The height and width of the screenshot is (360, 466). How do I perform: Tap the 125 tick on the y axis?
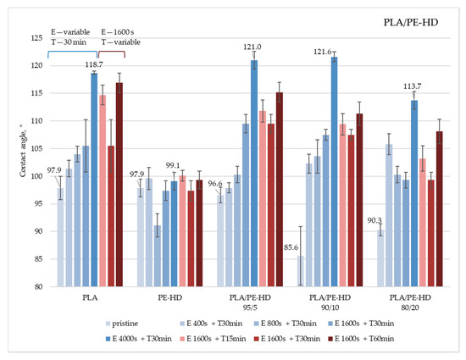41,38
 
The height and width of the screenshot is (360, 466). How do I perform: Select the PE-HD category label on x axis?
173,298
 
